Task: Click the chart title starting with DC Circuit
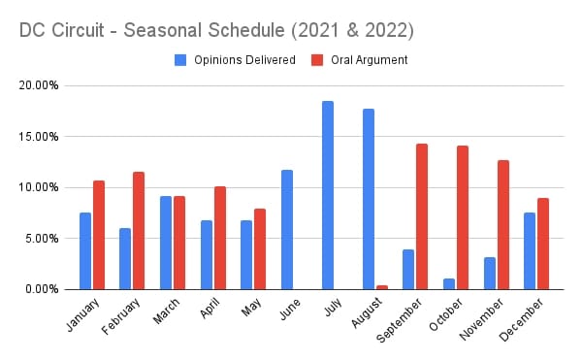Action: point(216,30)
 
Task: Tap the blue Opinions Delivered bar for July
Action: point(328,195)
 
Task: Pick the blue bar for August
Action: point(368,199)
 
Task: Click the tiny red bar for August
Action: point(381,287)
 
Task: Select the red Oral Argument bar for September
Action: point(422,216)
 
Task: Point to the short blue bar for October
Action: point(448,283)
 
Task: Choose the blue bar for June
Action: point(287,229)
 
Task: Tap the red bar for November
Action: point(502,224)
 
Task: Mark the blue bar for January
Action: point(85,250)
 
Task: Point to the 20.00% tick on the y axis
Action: point(40,85)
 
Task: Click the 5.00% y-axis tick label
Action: point(43,238)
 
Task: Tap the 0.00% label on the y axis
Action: point(43,289)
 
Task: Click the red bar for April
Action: point(219,238)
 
